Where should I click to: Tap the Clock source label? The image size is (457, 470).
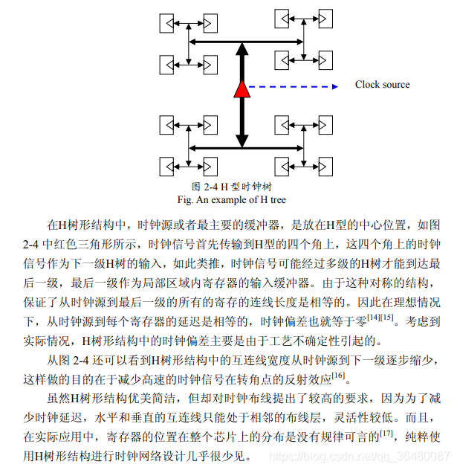coord(382,85)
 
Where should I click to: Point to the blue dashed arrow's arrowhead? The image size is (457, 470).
coord(335,86)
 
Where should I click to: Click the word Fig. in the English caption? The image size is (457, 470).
coord(185,199)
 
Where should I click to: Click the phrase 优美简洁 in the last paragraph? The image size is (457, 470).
coord(146,398)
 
